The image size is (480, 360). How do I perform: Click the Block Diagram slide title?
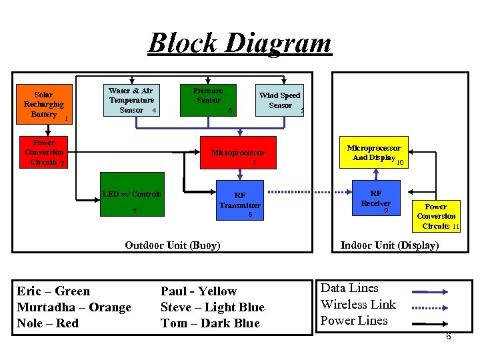(x=239, y=43)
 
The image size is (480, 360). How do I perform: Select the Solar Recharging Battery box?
(x=44, y=105)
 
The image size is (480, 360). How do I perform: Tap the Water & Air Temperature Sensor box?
(x=131, y=101)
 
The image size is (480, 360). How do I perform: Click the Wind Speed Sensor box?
(x=279, y=101)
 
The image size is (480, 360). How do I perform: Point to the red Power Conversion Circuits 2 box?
(x=44, y=153)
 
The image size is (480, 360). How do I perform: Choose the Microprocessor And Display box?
(x=375, y=153)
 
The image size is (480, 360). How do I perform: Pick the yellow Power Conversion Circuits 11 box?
(x=436, y=216)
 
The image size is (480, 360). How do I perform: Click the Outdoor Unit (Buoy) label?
(x=172, y=245)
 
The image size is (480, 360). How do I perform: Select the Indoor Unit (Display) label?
(x=389, y=245)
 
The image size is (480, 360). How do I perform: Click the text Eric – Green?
(x=53, y=291)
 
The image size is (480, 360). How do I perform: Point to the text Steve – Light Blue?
(x=212, y=307)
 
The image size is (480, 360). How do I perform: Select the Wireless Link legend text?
(x=358, y=305)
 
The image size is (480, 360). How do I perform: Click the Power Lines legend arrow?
(x=430, y=323)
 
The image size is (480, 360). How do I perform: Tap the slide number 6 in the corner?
(x=448, y=337)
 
